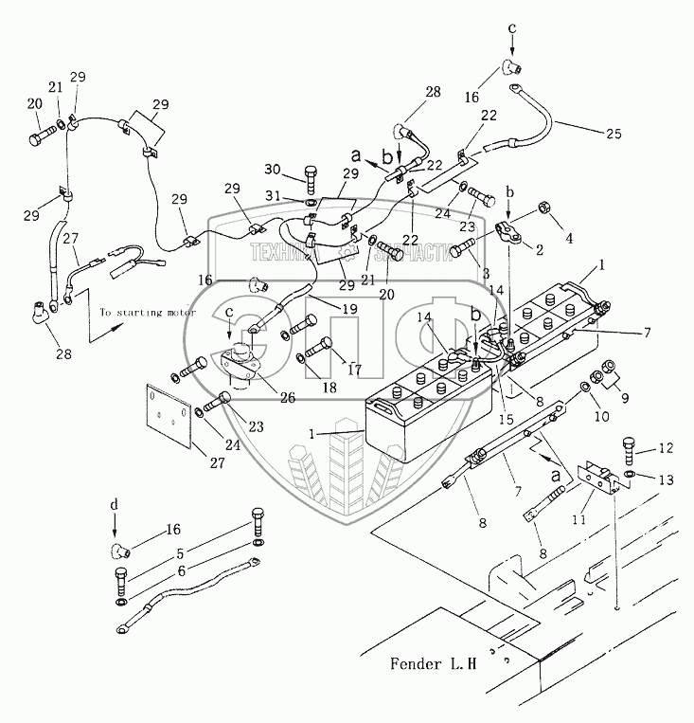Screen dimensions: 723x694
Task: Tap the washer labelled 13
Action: (630, 475)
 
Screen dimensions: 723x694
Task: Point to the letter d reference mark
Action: (115, 506)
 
